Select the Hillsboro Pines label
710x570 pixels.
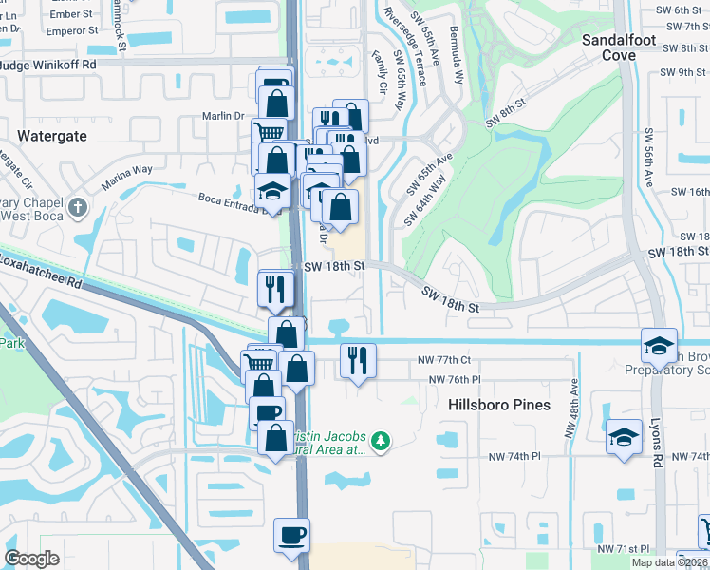[499, 405]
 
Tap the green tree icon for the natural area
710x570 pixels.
[380, 441]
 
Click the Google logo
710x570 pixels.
[31, 559]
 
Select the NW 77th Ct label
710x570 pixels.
[445, 360]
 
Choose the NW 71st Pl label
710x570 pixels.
[623, 549]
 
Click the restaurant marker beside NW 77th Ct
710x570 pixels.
[358, 360]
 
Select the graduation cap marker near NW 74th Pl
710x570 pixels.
[624, 437]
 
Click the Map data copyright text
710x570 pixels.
[670, 562]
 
